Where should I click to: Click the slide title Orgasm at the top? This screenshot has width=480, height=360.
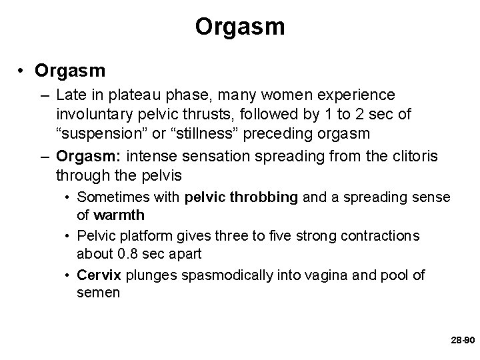click(x=240, y=27)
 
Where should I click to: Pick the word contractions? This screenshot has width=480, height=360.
click(x=381, y=236)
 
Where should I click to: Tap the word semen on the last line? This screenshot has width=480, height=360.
click(x=98, y=292)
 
